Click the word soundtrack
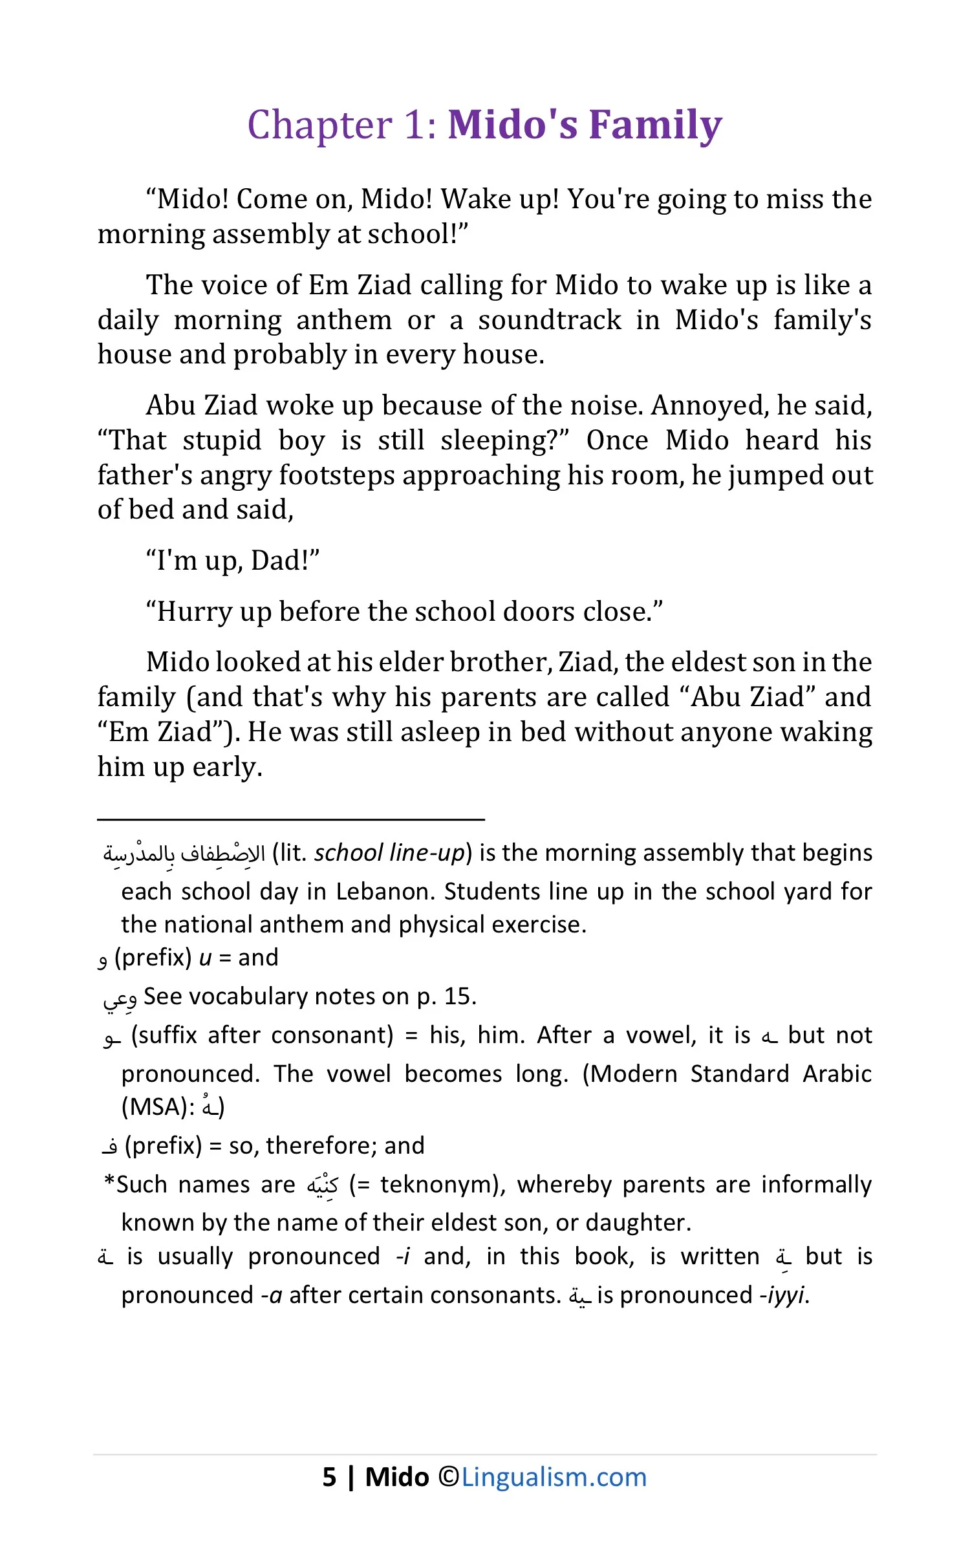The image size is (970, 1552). point(550,320)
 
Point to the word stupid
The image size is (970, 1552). point(222,440)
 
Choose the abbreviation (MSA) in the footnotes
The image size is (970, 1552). point(158,1106)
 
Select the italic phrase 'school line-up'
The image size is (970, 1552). point(389,853)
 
